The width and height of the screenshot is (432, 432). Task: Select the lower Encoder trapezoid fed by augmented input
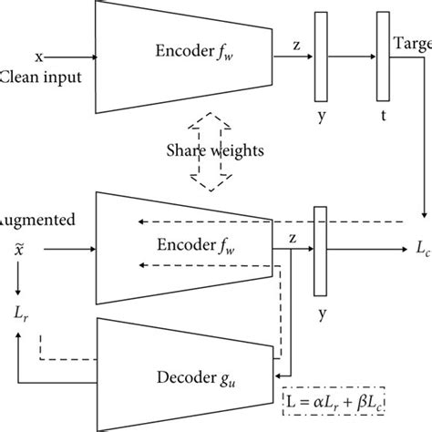pos(182,245)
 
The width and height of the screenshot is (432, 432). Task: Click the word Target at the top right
pos(412,45)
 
